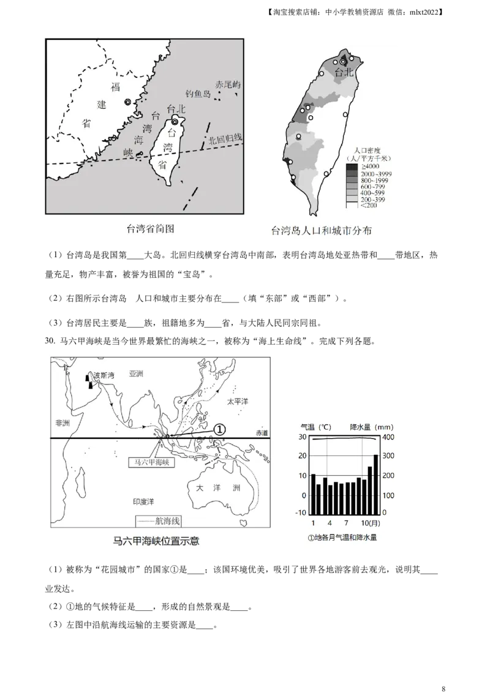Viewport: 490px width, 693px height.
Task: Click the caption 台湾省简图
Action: click(150, 229)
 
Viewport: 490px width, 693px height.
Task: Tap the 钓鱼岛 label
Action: click(198, 94)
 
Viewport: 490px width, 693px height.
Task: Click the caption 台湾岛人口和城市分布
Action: click(322, 231)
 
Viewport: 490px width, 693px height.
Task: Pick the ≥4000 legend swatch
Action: click(351, 167)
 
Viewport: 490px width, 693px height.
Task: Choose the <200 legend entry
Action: click(369, 205)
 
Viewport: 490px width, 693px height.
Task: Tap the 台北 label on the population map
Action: click(345, 72)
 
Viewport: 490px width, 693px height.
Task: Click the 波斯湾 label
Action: click(104, 375)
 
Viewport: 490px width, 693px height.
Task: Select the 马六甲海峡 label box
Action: click(151, 463)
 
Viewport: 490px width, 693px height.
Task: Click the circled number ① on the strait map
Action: click(219, 430)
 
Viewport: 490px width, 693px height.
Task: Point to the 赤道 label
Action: click(262, 433)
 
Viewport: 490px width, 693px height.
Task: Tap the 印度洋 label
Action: click(143, 501)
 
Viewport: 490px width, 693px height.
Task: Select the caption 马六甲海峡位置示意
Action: click(156, 541)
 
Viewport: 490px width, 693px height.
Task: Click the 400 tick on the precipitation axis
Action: click(390, 437)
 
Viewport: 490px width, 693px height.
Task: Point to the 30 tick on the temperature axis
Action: click(302, 437)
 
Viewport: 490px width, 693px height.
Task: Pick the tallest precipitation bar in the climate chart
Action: click(375, 484)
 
